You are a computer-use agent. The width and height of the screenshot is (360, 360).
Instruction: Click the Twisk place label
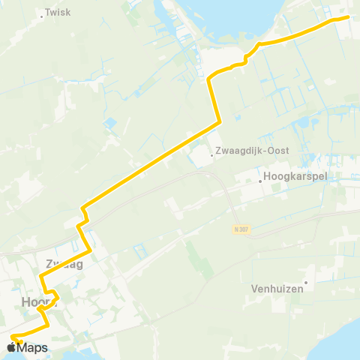click(x=58, y=13)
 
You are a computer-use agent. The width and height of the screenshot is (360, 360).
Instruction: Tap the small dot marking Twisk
click(x=40, y=13)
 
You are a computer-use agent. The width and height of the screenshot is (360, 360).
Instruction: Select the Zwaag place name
click(x=64, y=264)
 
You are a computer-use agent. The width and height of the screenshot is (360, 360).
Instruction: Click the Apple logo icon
click(x=12, y=347)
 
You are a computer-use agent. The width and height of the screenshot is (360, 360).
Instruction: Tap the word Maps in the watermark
click(x=32, y=347)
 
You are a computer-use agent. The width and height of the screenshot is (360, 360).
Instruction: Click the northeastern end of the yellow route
click(x=348, y=17)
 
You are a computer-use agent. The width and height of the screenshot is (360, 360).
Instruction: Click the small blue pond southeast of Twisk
click(x=111, y=121)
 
